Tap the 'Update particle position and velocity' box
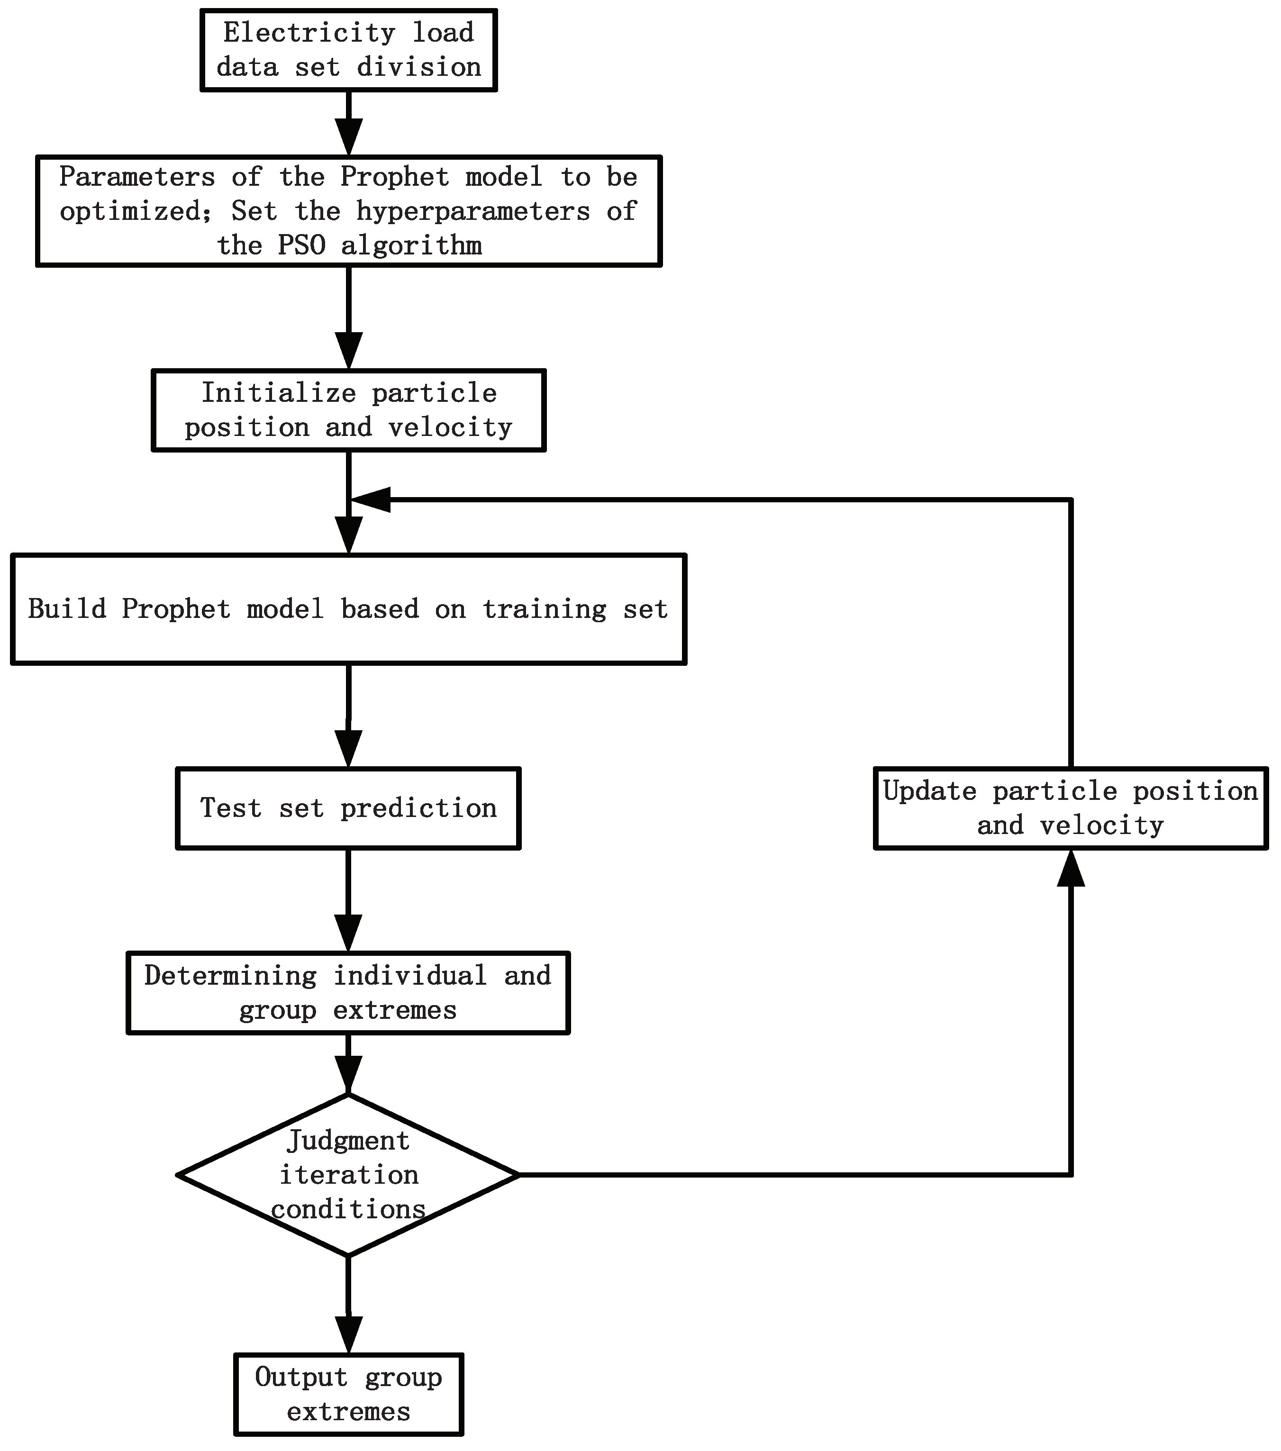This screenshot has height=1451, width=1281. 1070,808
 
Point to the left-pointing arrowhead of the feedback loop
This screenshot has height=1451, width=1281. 371,500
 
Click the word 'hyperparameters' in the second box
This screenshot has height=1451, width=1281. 473,211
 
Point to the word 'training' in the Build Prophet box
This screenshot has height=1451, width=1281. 545,609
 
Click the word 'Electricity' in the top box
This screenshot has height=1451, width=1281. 308,33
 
